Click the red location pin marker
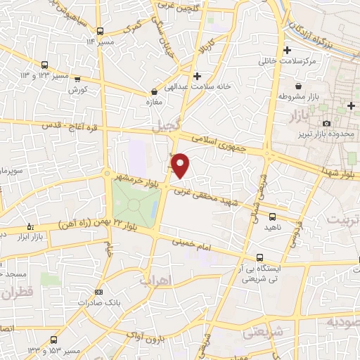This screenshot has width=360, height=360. click(181, 165)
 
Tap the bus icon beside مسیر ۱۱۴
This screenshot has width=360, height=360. click(101, 32)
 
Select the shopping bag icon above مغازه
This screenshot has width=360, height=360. click(154, 91)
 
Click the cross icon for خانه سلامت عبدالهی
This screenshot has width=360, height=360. click(197, 75)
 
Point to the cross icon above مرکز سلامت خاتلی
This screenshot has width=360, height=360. click(286, 51)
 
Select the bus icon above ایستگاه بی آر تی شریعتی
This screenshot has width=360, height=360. click(260, 257)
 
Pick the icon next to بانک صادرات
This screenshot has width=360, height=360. click(98, 292)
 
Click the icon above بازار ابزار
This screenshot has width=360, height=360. click(30, 226)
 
